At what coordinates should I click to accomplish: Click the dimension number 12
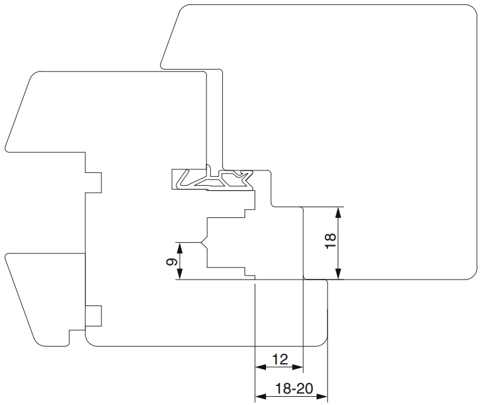pos(280,359)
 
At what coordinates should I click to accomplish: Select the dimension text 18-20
pos(294,389)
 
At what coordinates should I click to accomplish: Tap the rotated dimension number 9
pos(172,262)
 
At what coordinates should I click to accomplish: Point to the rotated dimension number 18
pos(331,241)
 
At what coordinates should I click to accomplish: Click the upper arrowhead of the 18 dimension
pos(338,212)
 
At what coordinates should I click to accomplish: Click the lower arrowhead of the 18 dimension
pos(338,274)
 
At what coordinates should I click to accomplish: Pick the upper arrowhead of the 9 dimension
pos(180,248)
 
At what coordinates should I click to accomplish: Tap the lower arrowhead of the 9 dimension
pos(180,274)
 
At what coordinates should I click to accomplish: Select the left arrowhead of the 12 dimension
pos(260,367)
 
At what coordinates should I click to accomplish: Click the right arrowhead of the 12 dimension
pos(298,367)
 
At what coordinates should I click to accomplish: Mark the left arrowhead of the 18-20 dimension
pos(260,396)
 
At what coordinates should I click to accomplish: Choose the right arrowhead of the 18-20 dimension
pos(322,396)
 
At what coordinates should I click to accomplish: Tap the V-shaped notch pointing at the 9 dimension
pos(204,242)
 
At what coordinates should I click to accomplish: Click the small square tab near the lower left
pos(94,316)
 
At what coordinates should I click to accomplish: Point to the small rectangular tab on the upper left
pos(94,183)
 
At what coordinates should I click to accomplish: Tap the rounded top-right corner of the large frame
pos(470,11)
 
